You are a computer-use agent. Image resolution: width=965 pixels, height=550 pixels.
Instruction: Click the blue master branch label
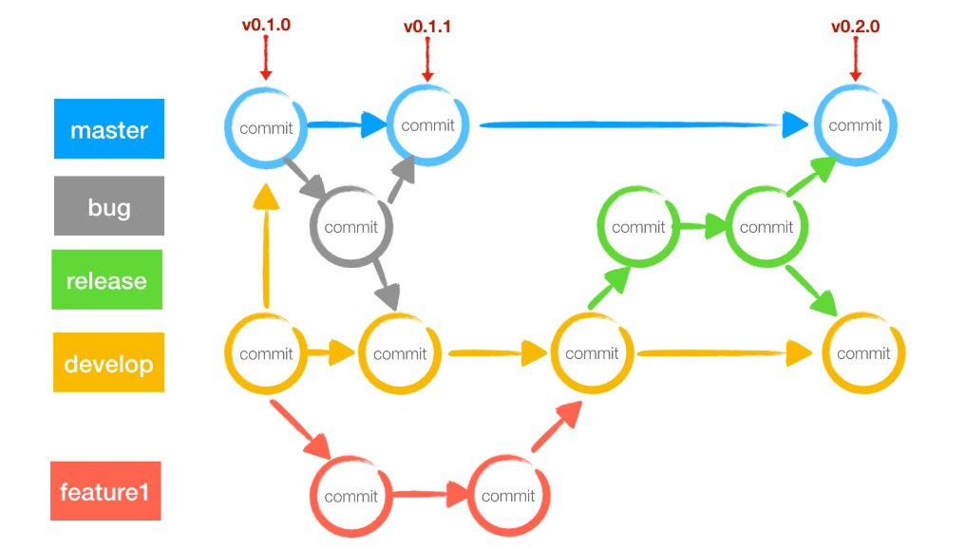click(x=109, y=128)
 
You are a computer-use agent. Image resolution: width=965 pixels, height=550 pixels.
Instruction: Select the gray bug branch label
click(x=109, y=206)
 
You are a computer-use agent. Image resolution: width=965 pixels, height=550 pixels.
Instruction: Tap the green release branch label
click(x=107, y=280)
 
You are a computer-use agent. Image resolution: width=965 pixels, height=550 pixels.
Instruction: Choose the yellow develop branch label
click(x=108, y=363)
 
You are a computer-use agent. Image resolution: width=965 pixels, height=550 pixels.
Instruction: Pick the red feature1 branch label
click(x=105, y=492)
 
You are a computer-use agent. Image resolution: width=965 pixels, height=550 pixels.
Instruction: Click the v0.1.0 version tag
click(x=266, y=26)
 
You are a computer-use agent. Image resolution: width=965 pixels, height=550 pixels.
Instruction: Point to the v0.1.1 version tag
click(x=427, y=27)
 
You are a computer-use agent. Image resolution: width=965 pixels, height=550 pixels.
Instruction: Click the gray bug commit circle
click(x=350, y=227)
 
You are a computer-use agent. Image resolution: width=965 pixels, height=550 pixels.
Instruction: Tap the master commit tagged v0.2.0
click(x=855, y=125)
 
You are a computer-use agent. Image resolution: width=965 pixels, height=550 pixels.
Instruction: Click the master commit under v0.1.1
click(x=427, y=125)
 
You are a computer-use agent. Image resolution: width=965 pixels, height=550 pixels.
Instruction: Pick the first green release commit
click(x=638, y=227)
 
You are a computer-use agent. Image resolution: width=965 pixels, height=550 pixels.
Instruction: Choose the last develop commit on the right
click(x=863, y=353)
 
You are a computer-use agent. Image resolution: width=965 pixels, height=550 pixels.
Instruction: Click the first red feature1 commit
click(x=350, y=497)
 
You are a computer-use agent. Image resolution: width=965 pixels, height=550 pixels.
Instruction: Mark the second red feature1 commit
click(x=508, y=497)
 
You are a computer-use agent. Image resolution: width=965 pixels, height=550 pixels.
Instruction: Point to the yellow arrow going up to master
click(x=267, y=247)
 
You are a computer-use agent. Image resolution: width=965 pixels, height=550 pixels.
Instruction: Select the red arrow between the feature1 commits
click(x=429, y=495)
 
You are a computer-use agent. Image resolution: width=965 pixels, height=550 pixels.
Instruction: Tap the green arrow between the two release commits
click(x=700, y=228)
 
